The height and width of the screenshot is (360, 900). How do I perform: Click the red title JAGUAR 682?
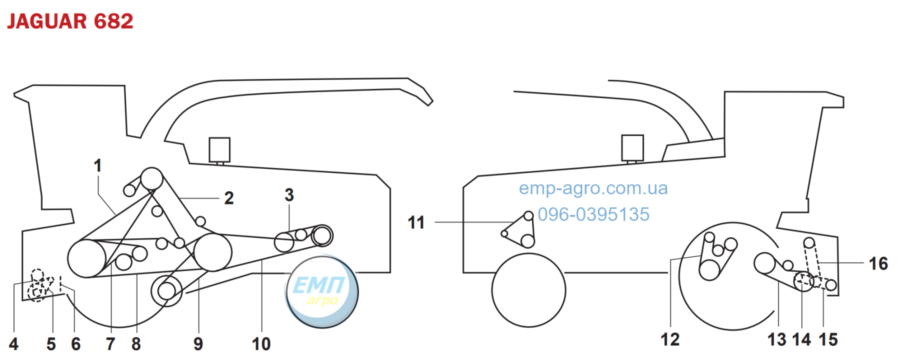(70, 21)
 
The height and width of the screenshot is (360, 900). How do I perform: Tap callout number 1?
(98, 165)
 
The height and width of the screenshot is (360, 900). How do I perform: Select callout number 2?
(229, 198)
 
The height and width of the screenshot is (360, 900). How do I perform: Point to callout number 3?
(289, 195)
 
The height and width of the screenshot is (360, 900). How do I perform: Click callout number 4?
(13, 344)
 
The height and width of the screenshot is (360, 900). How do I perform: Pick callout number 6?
(75, 344)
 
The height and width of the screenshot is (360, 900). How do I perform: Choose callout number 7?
(110, 344)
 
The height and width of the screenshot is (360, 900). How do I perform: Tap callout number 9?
(198, 344)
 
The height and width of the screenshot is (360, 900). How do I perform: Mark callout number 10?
(261, 344)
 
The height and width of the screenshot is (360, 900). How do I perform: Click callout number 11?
(416, 222)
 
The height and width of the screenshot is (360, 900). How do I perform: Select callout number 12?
(670, 339)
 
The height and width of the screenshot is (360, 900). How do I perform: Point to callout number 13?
(777, 339)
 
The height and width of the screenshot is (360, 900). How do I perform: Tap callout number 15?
(828, 339)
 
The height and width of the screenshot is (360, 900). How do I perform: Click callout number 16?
(878, 263)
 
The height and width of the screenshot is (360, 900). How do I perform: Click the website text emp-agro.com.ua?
(593, 188)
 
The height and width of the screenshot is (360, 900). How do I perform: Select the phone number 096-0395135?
(593, 214)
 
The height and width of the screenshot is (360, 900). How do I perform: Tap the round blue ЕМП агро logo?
(321, 291)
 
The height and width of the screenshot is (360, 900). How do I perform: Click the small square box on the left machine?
(219, 149)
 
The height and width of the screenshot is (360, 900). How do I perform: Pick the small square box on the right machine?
(632, 147)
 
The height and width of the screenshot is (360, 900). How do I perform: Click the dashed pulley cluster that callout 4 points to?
(40, 285)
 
